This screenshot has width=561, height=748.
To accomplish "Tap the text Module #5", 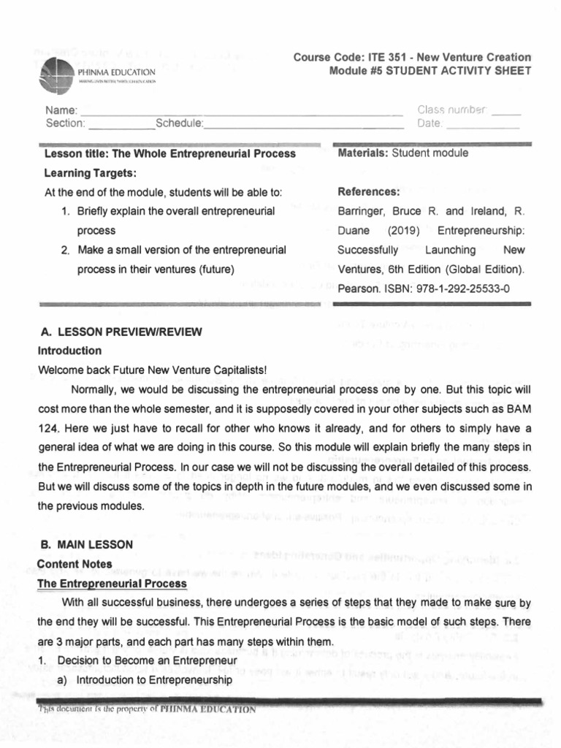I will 360,71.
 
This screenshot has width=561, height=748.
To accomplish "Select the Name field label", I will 56,110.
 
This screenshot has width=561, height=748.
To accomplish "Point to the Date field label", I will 430,123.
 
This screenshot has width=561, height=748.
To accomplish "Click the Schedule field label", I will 180,123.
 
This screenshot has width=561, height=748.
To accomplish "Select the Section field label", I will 65,123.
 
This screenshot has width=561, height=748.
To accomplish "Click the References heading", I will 369,192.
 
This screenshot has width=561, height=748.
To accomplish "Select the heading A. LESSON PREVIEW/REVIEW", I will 121,332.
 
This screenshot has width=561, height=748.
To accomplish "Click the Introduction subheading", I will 70,351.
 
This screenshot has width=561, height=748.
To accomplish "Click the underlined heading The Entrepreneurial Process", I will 112,584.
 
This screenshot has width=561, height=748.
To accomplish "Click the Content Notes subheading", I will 75,564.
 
